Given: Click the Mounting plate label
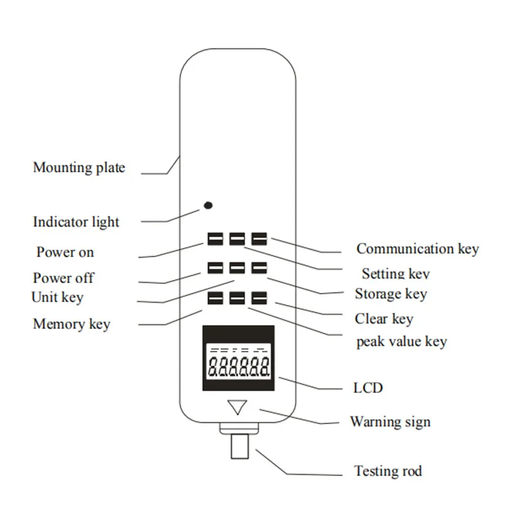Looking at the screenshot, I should click(x=79, y=168).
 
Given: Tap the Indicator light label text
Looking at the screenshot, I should click(x=76, y=222).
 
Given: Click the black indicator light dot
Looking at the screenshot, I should click(x=208, y=206).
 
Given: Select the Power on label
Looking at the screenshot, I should click(x=65, y=252).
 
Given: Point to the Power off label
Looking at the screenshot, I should click(x=64, y=278).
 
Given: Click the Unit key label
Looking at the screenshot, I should click(x=57, y=297).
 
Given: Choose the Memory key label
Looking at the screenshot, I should click(x=71, y=324).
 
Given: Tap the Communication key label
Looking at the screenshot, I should click(x=418, y=249).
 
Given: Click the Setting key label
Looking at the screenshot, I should click(x=395, y=274).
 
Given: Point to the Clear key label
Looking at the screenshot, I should click(x=384, y=319).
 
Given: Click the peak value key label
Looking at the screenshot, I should click(x=401, y=342).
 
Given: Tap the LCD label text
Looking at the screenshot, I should click(x=368, y=387).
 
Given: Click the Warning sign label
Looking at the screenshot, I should click(x=390, y=422).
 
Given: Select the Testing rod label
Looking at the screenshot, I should click(x=388, y=472).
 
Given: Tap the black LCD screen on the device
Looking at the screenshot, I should click(x=238, y=359).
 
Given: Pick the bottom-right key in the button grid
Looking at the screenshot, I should click(x=259, y=299).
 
